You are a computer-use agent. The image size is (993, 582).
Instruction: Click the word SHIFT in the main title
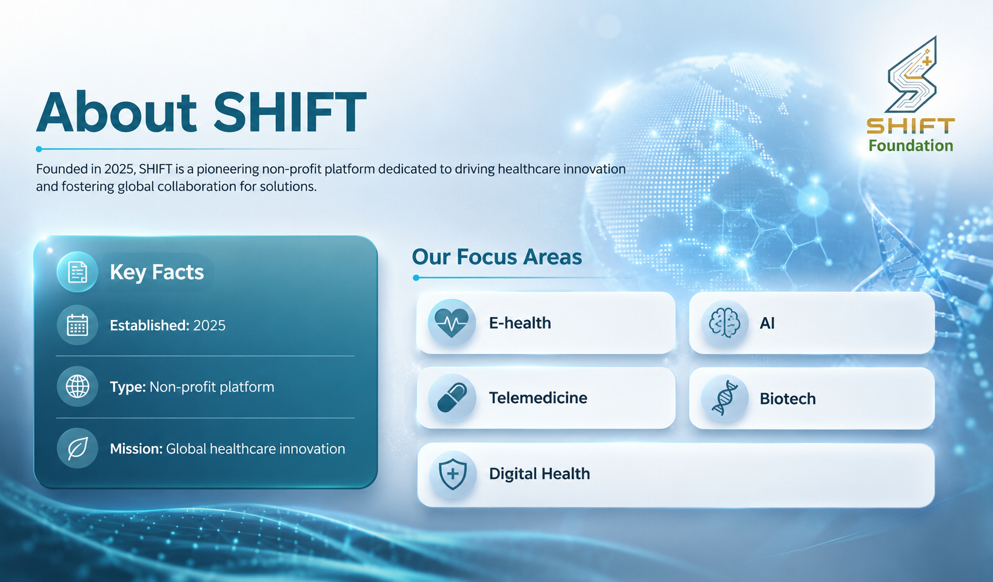(x=290, y=112)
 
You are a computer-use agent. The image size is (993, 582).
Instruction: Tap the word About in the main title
(x=116, y=112)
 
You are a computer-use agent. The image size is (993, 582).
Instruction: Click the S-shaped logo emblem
(x=912, y=75)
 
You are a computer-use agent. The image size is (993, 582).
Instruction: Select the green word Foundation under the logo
(x=911, y=145)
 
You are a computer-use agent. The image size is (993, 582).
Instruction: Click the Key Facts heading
(x=156, y=272)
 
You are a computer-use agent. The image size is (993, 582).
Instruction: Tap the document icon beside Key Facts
(x=77, y=272)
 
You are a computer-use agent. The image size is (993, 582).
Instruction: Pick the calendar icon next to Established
(x=77, y=326)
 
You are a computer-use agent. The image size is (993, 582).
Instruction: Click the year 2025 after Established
(x=209, y=326)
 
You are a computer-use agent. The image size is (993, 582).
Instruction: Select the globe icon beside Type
(x=77, y=387)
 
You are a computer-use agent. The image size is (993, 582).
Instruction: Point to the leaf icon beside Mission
(x=77, y=448)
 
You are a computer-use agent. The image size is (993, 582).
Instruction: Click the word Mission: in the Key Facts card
(x=136, y=449)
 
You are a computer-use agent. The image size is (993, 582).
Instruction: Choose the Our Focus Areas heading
(x=496, y=257)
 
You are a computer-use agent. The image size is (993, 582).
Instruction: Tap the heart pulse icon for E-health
(x=452, y=323)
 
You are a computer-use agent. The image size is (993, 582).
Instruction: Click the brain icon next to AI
(x=724, y=323)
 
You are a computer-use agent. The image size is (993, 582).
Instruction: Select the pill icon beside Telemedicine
(x=452, y=398)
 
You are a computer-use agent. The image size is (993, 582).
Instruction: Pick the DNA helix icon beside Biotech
(x=724, y=398)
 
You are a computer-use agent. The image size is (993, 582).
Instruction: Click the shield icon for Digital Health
(x=453, y=474)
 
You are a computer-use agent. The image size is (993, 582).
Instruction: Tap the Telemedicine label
(x=538, y=398)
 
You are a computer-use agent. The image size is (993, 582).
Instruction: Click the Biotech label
(x=787, y=398)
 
